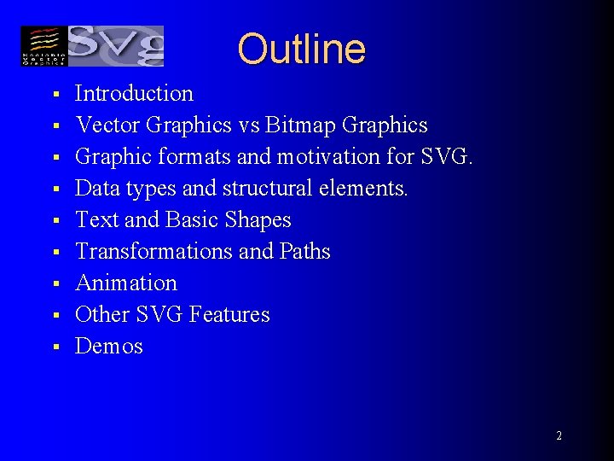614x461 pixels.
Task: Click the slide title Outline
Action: [x=301, y=49]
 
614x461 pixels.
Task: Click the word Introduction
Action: [x=134, y=93]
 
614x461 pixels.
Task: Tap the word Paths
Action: [x=304, y=252]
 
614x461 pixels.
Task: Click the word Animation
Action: [x=126, y=283]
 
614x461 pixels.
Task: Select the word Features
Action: [x=229, y=314]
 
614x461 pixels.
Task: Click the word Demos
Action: [x=109, y=346]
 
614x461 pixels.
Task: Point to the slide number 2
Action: [x=559, y=435]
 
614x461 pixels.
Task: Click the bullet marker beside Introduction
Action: [x=54, y=94]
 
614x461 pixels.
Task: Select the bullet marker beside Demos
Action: [x=54, y=347]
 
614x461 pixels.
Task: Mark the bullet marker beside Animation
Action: [x=54, y=283]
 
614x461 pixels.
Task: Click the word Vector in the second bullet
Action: [x=107, y=125]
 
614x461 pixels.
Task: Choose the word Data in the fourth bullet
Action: [x=96, y=189]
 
